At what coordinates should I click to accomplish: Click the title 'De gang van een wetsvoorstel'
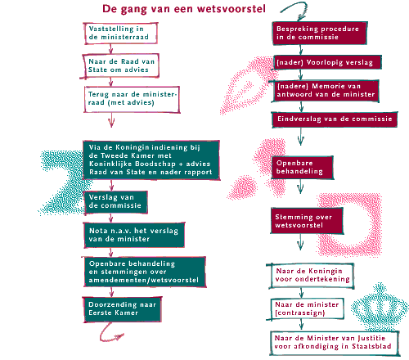184,9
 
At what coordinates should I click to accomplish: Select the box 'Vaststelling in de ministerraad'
120,34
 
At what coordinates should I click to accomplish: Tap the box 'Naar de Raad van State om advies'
120,65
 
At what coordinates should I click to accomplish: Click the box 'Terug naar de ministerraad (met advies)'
132,99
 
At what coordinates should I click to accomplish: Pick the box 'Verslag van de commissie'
115,202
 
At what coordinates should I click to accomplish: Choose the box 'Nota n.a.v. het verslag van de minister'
134,235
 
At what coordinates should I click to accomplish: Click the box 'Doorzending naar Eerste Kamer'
123,309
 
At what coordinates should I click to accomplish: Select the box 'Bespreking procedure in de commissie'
320,33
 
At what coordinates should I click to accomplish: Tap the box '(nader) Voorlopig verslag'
327,62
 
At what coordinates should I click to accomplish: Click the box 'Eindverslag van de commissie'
335,119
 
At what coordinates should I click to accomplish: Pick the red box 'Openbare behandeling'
303,168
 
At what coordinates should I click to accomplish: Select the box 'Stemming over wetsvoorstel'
307,221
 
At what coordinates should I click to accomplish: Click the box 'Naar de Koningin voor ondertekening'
311,276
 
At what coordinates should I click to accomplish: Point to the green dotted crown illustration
380,308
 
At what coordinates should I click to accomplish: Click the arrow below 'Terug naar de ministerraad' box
111,120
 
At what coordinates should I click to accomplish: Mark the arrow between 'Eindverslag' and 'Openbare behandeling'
301,137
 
